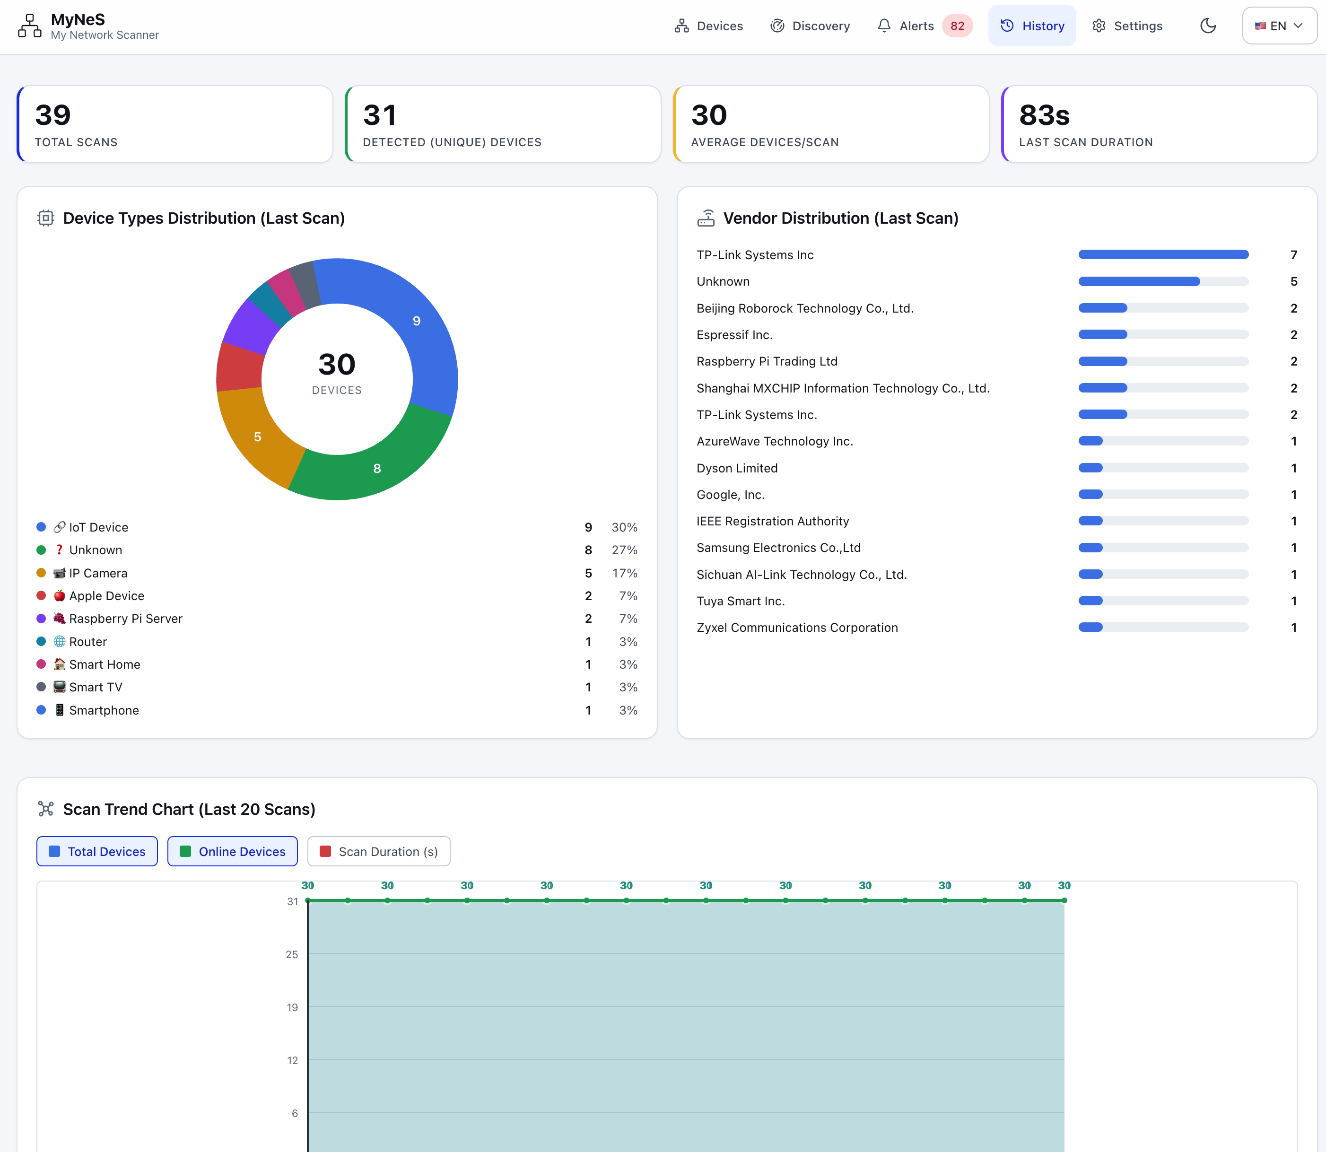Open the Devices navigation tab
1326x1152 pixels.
[x=708, y=26]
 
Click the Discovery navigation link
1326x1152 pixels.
[x=810, y=26]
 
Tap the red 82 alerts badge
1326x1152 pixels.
[x=957, y=26]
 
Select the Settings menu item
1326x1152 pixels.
[x=1127, y=26]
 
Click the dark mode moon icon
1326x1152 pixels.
[x=1208, y=26]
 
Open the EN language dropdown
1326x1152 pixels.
[x=1279, y=26]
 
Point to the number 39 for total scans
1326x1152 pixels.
[x=52, y=115]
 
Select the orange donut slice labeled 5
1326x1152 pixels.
[x=257, y=437]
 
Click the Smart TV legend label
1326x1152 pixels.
[x=96, y=687]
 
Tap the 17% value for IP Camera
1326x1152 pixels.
[x=624, y=573]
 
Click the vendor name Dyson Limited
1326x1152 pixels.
[x=737, y=468]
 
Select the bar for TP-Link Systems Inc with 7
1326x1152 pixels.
[x=1163, y=254]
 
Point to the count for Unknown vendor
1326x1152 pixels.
[x=1293, y=281]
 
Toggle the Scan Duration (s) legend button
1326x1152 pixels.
[x=379, y=851]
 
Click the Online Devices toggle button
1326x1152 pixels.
[x=232, y=851]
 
